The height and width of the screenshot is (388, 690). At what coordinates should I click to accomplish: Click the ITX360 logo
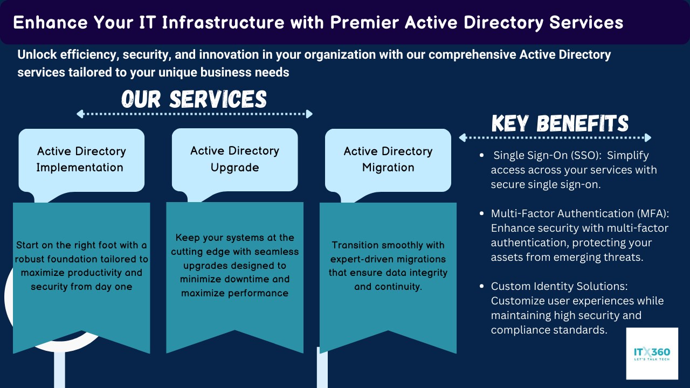pyautogui.click(x=652, y=354)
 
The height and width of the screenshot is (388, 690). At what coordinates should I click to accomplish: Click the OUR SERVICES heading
pyautogui.click(x=194, y=99)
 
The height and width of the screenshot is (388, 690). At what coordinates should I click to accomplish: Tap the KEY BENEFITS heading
pyautogui.click(x=560, y=123)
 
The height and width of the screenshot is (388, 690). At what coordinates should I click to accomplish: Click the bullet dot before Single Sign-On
pyautogui.click(x=482, y=155)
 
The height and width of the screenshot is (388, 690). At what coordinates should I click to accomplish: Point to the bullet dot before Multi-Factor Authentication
pyautogui.click(x=482, y=213)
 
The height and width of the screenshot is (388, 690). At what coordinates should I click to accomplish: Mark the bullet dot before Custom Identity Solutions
pyautogui.click(x=482, y=286)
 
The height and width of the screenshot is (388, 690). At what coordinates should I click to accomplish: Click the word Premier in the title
pyautogui.click(x=364, y=23)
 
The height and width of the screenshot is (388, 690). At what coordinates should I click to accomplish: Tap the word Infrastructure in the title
pyautogui.click(x=223, y=23)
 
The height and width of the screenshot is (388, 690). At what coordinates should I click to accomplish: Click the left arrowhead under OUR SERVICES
pyautogui.click(x=80, y=114)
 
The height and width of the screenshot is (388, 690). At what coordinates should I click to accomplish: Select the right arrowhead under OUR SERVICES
pyautogui.click(x=309, y=114)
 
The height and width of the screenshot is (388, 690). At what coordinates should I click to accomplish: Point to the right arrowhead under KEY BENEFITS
pyautogui.click(x=648, y=137)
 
